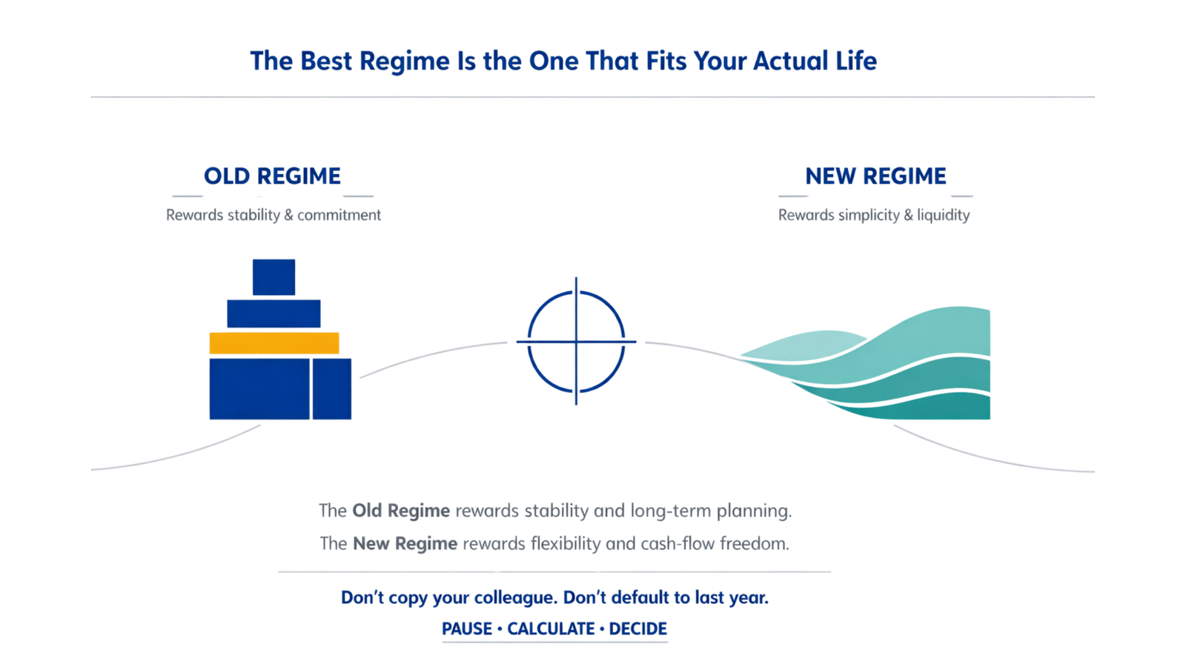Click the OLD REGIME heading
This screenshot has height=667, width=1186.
[x=272, y=176]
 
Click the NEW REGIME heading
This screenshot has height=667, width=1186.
[x=875, y=176]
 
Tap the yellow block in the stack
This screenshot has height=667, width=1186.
[x=274, y=343]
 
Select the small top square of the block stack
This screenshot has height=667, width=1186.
[x=274, y=277]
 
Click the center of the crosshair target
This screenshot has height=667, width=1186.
[x=576, y=342]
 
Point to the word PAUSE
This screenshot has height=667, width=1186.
[x=467, y=629]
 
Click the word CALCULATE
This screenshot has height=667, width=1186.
[x=551, y=629]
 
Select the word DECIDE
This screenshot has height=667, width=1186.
[x=637, y=629]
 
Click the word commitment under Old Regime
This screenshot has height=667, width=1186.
[x=339, y=215]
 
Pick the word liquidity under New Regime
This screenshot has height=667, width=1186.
[x=943, y=215]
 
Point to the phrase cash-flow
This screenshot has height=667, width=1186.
[x=678, y=544]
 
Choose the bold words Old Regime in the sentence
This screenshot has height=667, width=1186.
[x=401, y=511]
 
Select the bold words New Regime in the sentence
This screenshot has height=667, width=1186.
[x=405, y=544]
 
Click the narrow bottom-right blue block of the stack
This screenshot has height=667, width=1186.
[x=331, y=389]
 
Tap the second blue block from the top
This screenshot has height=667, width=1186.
[x=274, y=313]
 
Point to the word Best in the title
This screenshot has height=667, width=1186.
[x=326, y=61]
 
